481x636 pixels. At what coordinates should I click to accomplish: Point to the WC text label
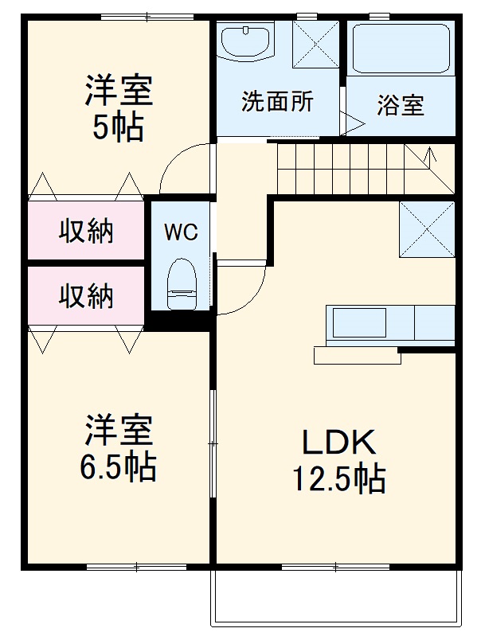180,232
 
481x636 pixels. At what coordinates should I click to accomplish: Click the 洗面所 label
277,103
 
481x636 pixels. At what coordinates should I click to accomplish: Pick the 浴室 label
400,105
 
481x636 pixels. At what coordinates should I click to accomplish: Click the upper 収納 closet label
86,231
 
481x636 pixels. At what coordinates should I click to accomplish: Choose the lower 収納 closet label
86,296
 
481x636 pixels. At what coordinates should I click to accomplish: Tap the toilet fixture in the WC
181,283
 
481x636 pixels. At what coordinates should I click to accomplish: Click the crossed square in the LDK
426,228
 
